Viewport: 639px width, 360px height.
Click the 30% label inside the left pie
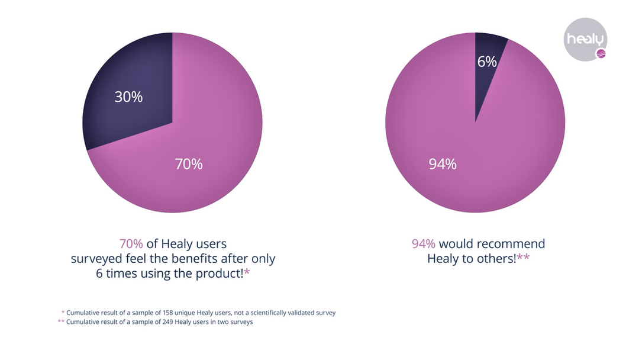tap(128, 97)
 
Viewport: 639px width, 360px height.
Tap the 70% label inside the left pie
tap(188, 165)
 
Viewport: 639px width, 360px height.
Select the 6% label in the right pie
tap(487, 61)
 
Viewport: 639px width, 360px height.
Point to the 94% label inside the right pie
tap(443, 165)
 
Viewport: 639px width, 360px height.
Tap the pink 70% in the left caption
tap(131, 244)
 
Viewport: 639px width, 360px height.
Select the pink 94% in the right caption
tap(424, 244)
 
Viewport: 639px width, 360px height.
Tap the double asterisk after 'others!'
tap(523, 258)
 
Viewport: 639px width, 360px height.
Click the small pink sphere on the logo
tap(600, 55)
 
